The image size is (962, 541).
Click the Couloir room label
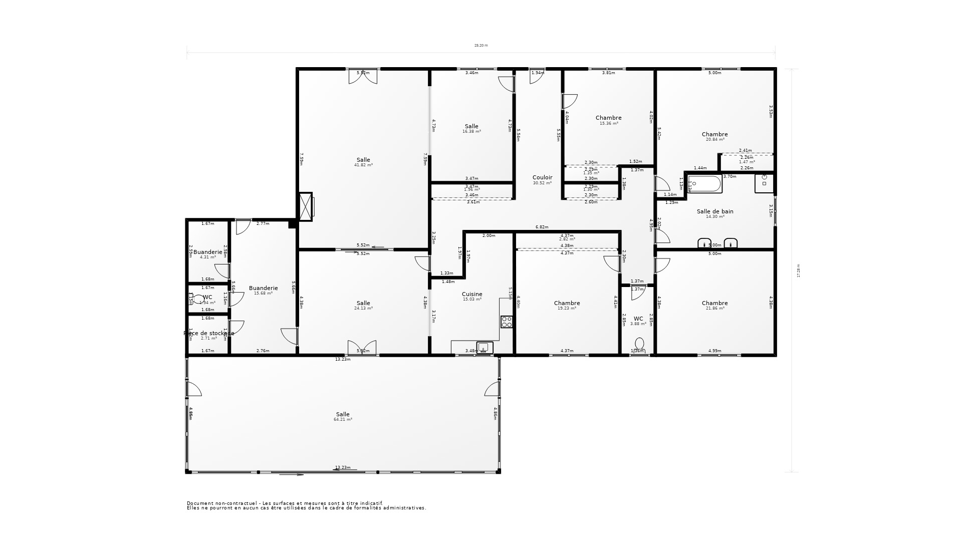coord(542,178)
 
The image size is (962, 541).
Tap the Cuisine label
coord(472,295)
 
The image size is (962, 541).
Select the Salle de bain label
coord(715,211)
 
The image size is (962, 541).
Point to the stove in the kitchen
coord(507,322)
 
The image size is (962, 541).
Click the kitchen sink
coord(484,347)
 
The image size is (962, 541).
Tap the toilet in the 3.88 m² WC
coord(639,345)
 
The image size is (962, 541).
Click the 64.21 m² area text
coord(343,420)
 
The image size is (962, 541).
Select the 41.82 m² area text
coord(363,165)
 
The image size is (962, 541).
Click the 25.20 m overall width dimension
coord(481,46)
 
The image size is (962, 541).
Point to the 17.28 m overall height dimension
coord(799,271)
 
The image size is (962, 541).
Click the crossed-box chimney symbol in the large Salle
coord(305,206)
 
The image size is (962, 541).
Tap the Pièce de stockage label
coord(209,333)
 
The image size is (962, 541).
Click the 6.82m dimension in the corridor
coord(542,227)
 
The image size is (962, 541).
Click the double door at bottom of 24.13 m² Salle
coord(362,347)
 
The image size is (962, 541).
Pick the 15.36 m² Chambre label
coord(608,118)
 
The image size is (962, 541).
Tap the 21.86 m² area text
coord(715,309)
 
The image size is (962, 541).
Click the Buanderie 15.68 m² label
coord(263,288)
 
